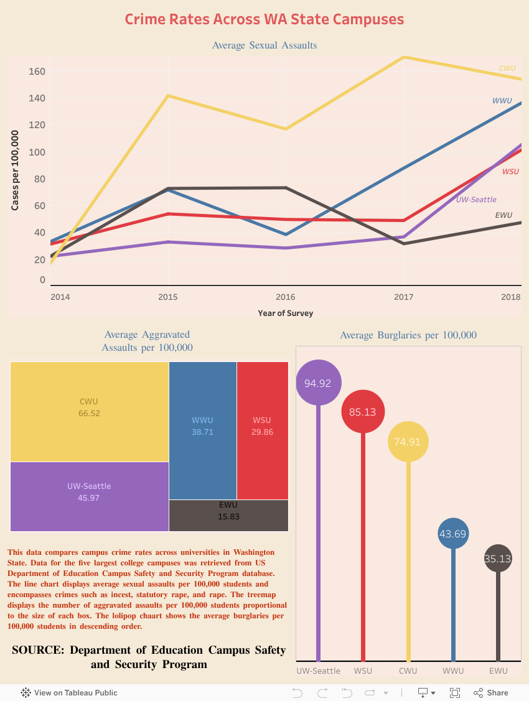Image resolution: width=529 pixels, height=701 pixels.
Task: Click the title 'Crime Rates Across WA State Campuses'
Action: click(264, 19)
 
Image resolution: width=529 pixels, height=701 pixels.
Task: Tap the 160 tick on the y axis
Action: click(37, 72)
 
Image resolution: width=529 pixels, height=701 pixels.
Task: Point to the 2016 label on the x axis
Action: click(286, 297)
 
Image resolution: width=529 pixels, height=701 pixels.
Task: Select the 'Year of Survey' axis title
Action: click(286, 313)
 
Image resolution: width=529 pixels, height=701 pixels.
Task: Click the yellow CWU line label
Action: click(507, 68)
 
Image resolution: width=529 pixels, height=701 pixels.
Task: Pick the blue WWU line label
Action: click(502, 101)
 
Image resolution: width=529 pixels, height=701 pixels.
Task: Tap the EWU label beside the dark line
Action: click(503, 215)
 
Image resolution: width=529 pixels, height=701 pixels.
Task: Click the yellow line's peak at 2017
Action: click(405, 57)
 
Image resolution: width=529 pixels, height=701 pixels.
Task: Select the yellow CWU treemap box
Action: click(89, 411)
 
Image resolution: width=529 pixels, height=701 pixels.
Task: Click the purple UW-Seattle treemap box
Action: click(89, 496)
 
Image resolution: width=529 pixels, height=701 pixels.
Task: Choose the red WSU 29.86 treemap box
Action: click(262, 430)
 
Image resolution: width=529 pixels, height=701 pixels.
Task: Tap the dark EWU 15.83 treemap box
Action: click(228, 515)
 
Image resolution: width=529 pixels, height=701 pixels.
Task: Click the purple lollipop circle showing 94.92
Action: click(317, 383)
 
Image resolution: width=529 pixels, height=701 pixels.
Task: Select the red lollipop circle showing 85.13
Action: click(363, 411)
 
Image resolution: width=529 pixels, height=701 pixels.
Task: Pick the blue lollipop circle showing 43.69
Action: click(453, 534)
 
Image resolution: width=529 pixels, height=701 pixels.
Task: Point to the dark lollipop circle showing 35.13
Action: click(497, 559)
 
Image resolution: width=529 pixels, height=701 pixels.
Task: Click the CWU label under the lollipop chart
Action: click(408, 671)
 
